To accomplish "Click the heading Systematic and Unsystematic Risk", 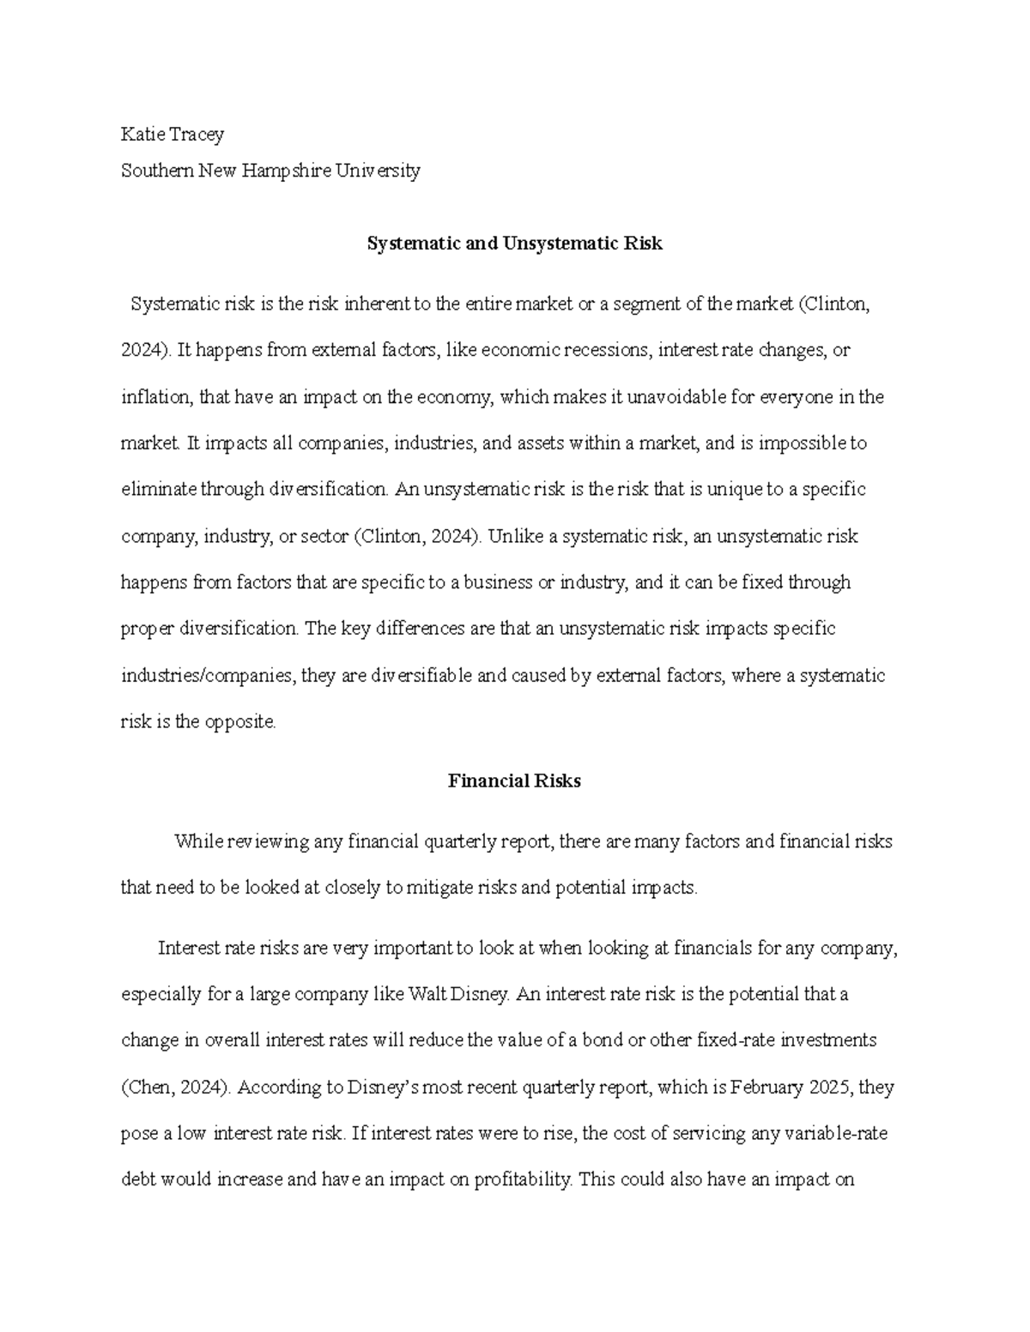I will coord(514,244).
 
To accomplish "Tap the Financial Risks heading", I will coord(514,781).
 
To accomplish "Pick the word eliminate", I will coord(159,489).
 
